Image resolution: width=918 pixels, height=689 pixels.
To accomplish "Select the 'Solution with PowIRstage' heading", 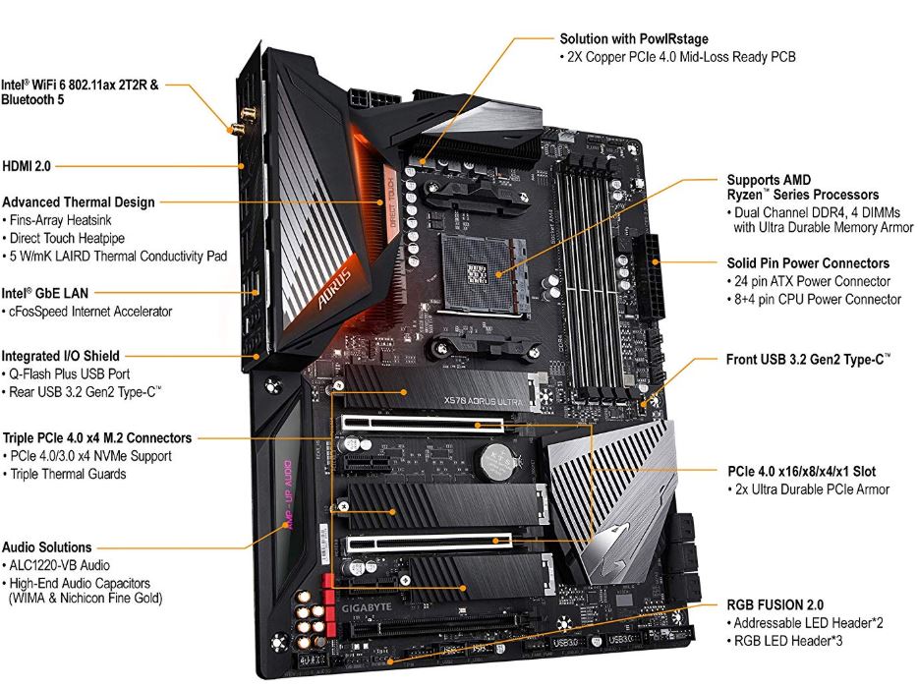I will [x=635, y=38].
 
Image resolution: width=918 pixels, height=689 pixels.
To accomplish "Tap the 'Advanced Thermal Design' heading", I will [x=79, y=201].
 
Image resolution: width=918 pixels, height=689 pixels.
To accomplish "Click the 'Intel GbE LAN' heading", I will [x=45, y=292].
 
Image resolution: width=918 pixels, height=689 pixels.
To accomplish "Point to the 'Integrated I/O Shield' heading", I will [x=61, y=356].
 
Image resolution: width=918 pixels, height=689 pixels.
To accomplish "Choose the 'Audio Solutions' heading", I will [x=46, y=546].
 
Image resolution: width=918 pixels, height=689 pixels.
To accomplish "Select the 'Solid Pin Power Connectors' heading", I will [x=808, y=263].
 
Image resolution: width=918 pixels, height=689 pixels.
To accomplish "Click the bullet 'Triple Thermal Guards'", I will [x=68, y=474].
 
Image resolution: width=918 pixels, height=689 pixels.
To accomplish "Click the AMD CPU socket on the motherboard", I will [x=475, y=261].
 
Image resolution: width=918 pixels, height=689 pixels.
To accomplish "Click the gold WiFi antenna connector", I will [x=236, y=126].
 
